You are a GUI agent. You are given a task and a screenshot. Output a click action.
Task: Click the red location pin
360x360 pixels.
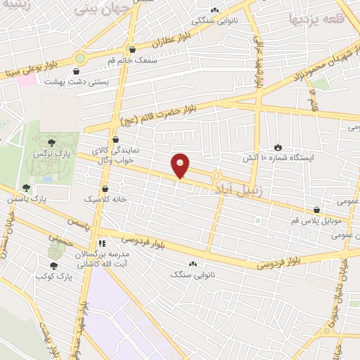(x=181, y=165)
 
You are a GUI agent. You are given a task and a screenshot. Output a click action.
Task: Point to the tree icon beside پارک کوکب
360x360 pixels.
(x=53, y=265)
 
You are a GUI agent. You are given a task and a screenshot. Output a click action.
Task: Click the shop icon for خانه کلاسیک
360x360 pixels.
(x=105, y=188)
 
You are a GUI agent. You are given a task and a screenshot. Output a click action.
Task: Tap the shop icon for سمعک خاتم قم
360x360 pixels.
(x=132, y=48)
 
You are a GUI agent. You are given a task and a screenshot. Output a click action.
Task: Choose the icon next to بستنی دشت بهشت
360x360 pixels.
(x=76, y=70)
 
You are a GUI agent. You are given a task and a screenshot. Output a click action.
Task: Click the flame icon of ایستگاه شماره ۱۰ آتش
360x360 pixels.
(x=279, y=146)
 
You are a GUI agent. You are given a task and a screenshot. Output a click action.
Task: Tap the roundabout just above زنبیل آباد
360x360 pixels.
(x=217, y=176)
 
